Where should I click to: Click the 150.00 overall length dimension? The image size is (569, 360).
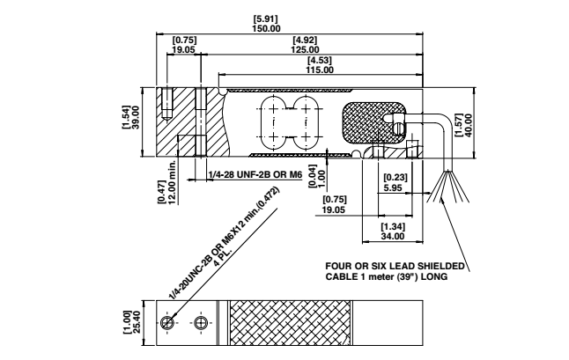coord(267,29)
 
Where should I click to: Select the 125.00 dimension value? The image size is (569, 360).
coord(305,49)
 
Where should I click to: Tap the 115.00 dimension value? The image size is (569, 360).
coord(320,70)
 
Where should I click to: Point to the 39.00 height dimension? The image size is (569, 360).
coord(136,117)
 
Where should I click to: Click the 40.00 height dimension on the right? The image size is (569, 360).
coord(468,126)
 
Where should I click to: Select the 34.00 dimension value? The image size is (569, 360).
coord(393,237)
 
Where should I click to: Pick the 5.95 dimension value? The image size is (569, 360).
coord(393,187)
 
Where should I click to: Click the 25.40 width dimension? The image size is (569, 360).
coord(137,323)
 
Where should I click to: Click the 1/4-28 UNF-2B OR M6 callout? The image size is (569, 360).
coord(255,175)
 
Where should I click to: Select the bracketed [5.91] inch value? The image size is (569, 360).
coord(266,18)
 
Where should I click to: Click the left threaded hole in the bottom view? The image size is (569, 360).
coord(167,322)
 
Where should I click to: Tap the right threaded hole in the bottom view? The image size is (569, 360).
coord(200,323)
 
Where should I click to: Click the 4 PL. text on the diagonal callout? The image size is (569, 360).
coord(223,258)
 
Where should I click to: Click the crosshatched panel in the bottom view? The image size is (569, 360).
coord(291,323)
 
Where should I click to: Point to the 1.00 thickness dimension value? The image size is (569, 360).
coord(321,179)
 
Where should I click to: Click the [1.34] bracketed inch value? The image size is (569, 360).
coord(393,227)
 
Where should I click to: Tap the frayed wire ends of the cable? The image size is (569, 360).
coord(448,187)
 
